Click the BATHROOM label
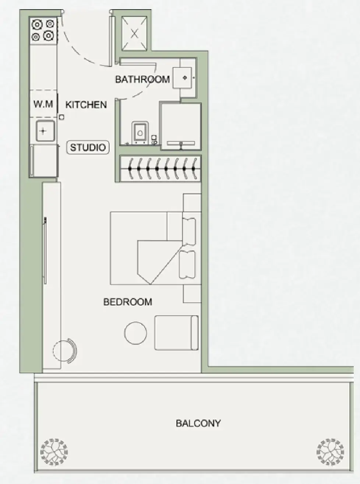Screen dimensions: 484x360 pyautogui.click(x=142, y=79)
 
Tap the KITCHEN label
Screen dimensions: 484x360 pyautogui.click(x=86, y=105)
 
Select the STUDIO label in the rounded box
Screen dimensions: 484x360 pyautogui.click(x=88, y=147)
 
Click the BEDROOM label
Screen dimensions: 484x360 pyautogui.click(x=127, y=302)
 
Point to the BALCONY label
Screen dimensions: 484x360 pyautogui.click(x=198, y=423)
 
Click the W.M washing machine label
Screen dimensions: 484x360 pyautogui.click(x=43, y=104)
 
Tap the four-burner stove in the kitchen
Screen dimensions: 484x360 pyautogui.click(x=43, y=30)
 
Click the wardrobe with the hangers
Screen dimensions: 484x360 pyautogui.click(x=160, y=169)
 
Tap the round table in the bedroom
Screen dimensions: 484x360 pyautogui.click(x=135, y=333)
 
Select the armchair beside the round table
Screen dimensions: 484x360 pyautogui.click(x=176, y=333)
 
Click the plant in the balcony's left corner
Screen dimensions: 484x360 pyautogui.click(x=54, y=452)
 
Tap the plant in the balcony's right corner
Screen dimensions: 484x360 pyautogui.click(x=330, y=452)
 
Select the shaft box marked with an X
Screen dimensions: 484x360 pyautogui.click(x=135, y=34)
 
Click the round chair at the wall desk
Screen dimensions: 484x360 pyautogui.click(x=65, y=350)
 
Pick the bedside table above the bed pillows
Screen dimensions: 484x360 pyautogui.click(x=192, y=202)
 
